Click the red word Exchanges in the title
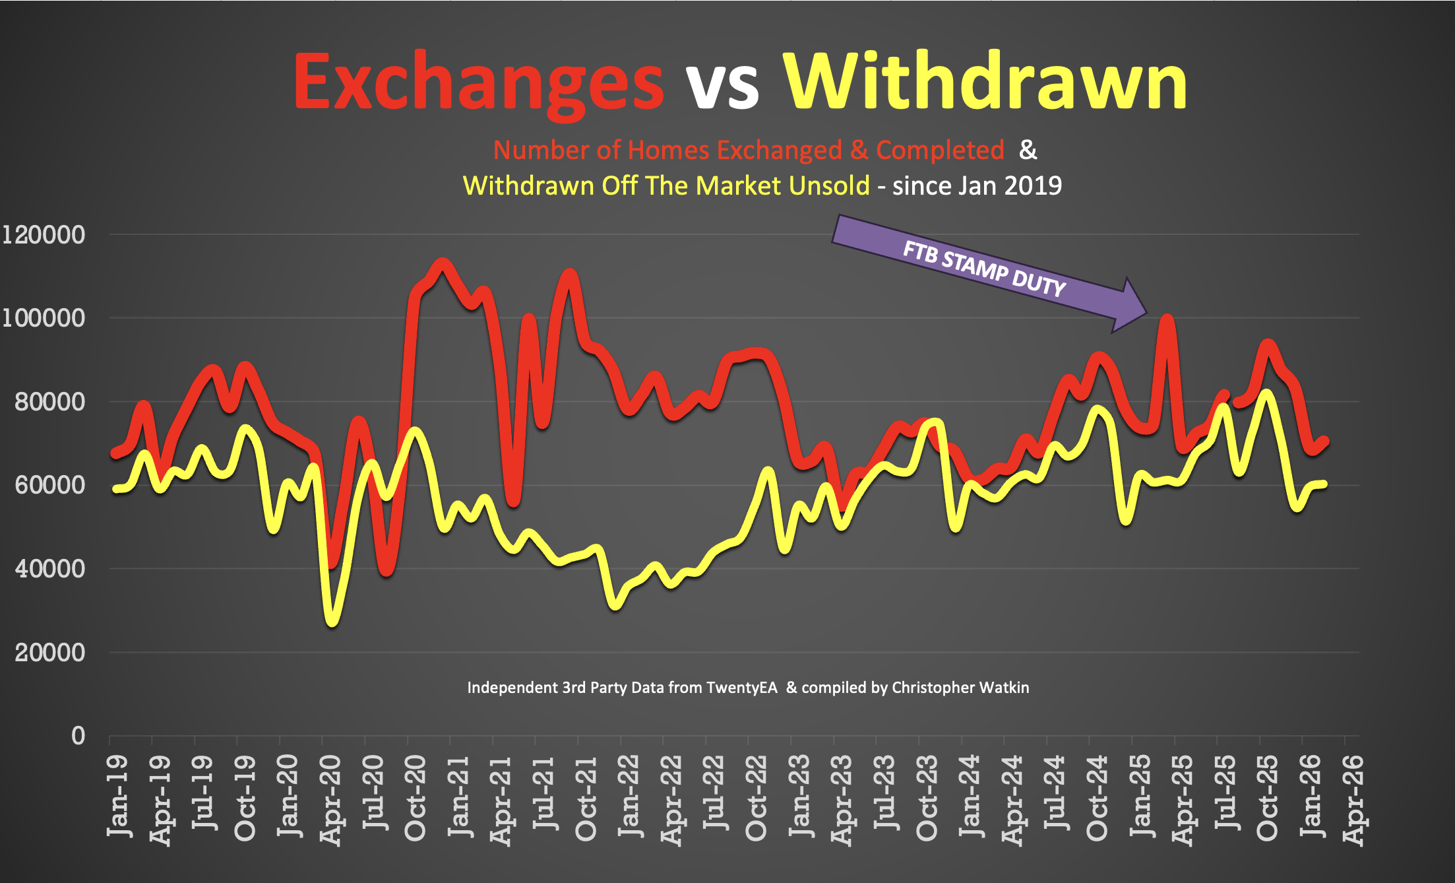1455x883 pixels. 478,82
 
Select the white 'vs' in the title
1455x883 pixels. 723,86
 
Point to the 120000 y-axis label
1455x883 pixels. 44,235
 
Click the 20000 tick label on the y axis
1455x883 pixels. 49,653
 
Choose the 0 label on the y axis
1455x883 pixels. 78,736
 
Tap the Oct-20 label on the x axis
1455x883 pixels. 416,799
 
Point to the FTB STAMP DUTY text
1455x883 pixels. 983,269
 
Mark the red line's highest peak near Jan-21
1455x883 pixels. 443,265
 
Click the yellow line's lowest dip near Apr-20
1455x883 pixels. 332,621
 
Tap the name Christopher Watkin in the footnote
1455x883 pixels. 960,688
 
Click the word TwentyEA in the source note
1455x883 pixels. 741,688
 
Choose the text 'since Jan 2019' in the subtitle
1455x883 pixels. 977,186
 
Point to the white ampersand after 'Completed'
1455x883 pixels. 1028,150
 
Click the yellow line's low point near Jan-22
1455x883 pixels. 616,605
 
